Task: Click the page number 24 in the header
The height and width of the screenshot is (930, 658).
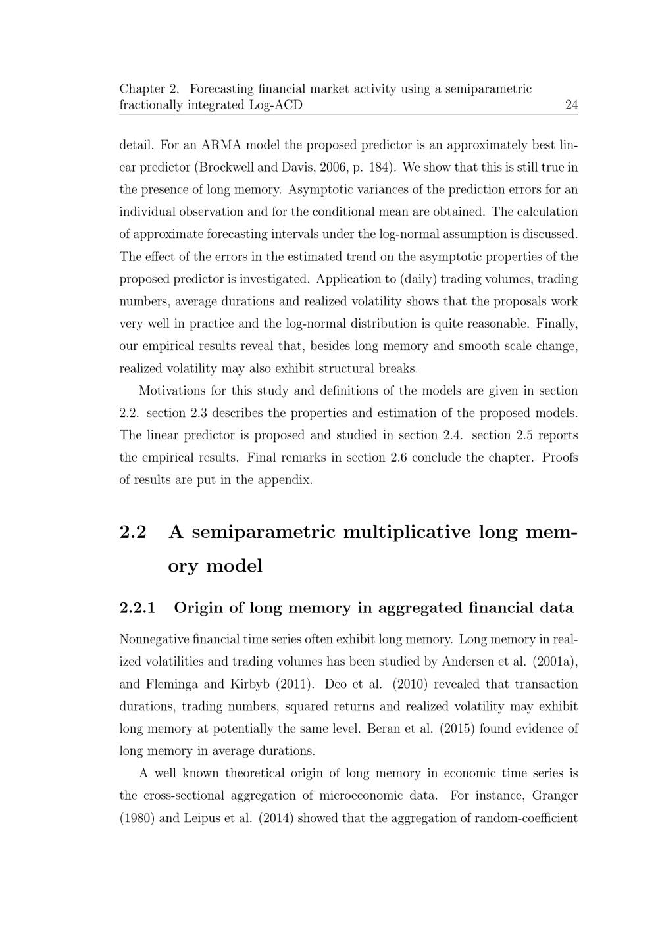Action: click(571, 105)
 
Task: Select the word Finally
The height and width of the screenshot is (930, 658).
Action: click(557, 324)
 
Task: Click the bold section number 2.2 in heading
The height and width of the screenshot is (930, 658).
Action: click(133, 531)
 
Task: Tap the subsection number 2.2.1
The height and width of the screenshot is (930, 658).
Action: click(138, 608)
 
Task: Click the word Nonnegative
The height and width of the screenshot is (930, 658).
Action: click(155, 639)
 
